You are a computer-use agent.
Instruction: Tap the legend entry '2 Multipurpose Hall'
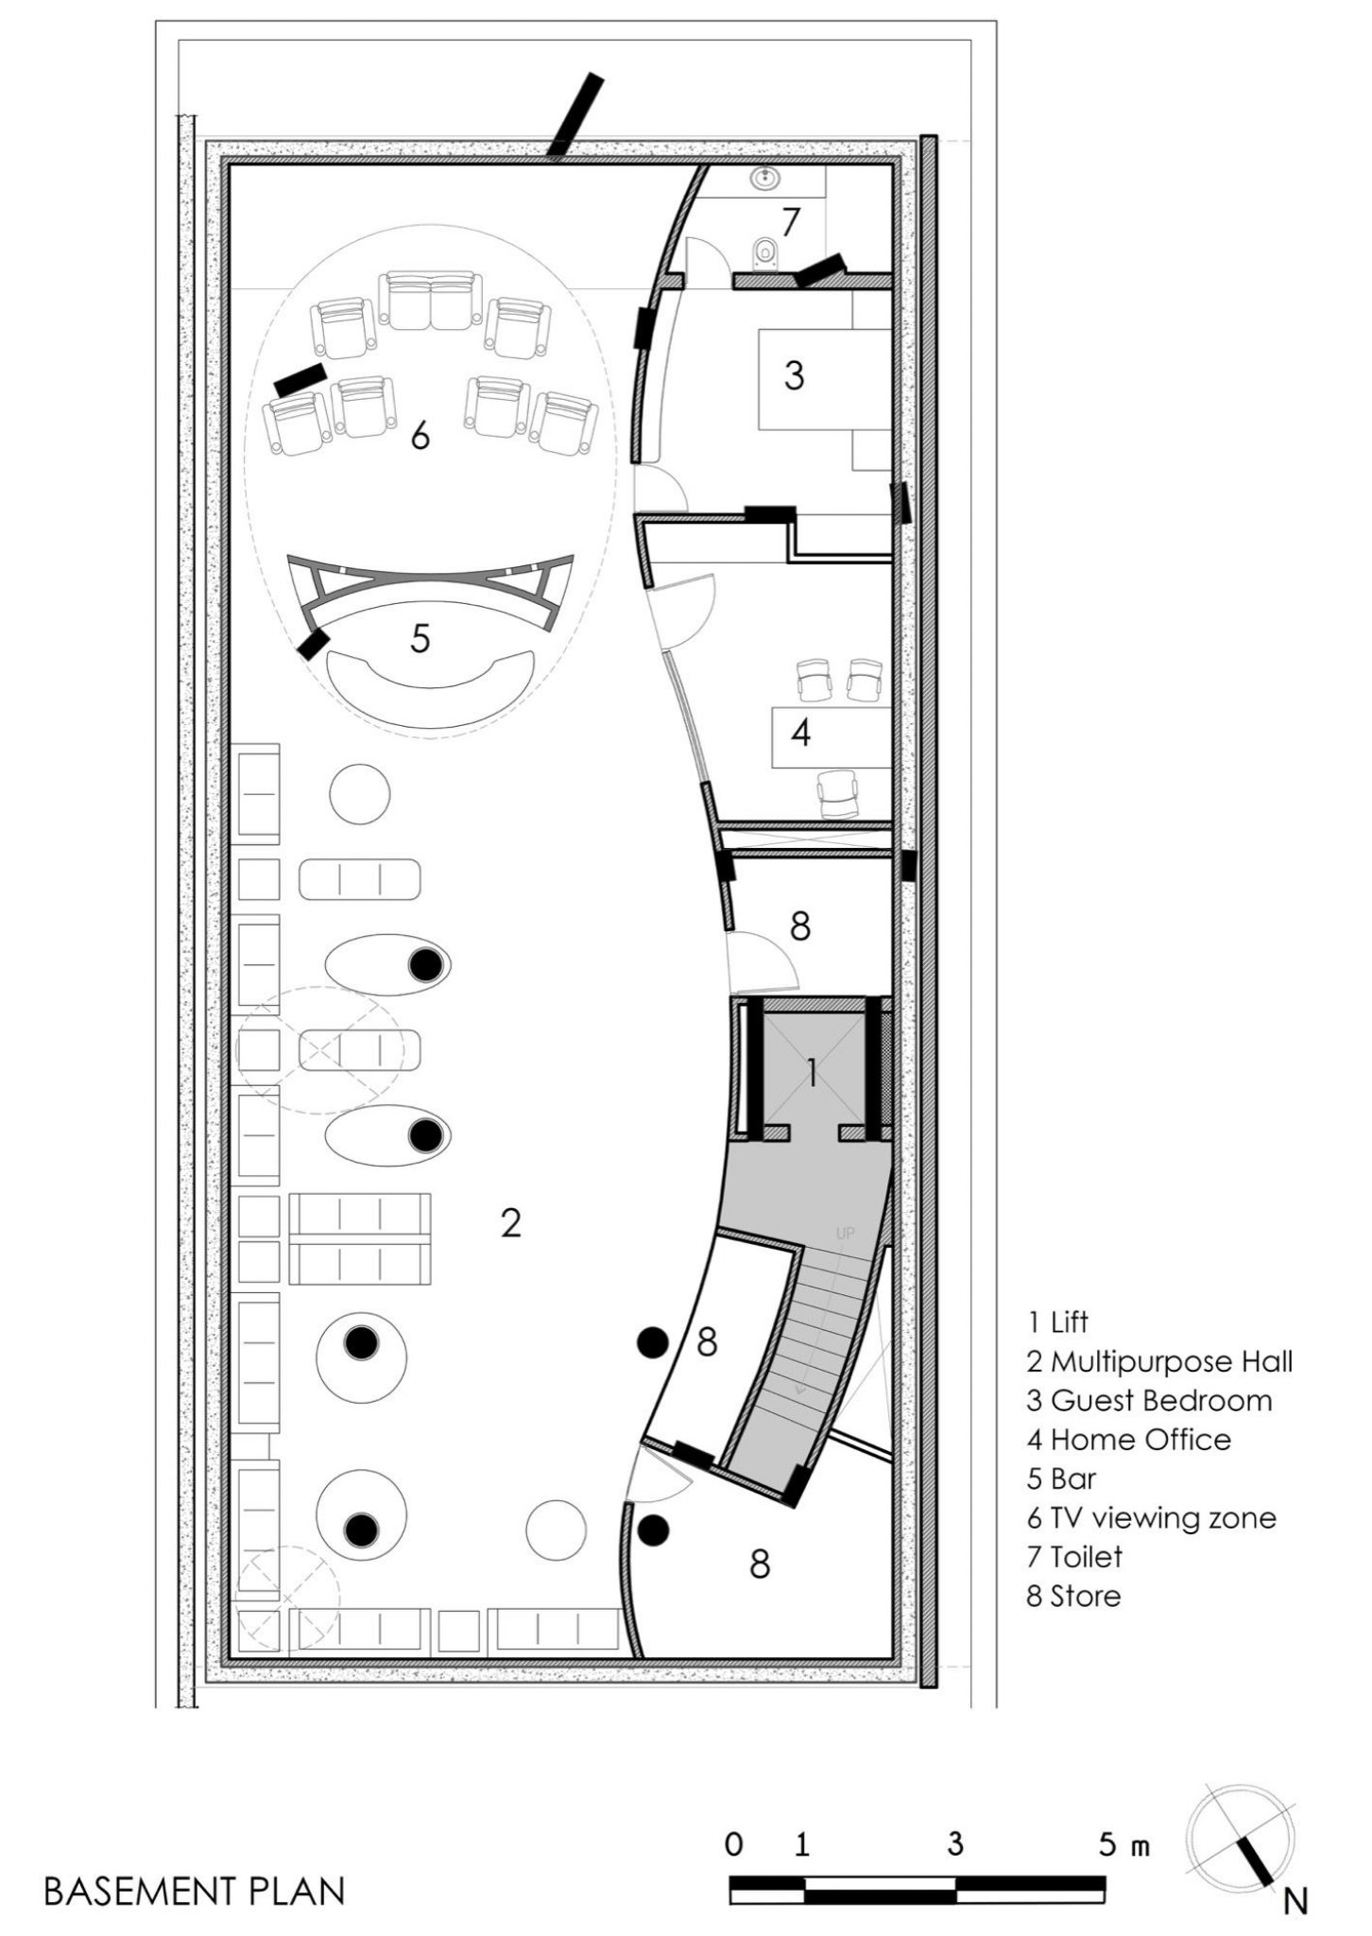[x=1159, y=1361]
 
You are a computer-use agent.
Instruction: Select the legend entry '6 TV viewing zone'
[x=1151, y=1517]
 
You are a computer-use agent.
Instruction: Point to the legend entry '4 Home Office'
[x=1129, y=1440]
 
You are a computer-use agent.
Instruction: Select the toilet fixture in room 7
[x=765, y=253]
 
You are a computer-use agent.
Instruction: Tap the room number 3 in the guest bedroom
[x=794, y=376]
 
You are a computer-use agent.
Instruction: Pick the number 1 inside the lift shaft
[x=811, y=1073]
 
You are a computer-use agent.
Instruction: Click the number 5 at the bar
[x=420, y=639]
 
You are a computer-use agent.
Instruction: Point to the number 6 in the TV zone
[x=420, y=437]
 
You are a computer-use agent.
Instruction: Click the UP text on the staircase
[x=844, y=1234]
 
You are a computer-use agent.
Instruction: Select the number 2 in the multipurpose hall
[x=510, y=1224]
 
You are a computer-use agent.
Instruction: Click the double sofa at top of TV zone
[x=430, y=301]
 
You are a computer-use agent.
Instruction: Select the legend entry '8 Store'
[x=1073, y=1596]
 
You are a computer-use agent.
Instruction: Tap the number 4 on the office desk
[x=800, y=733]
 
